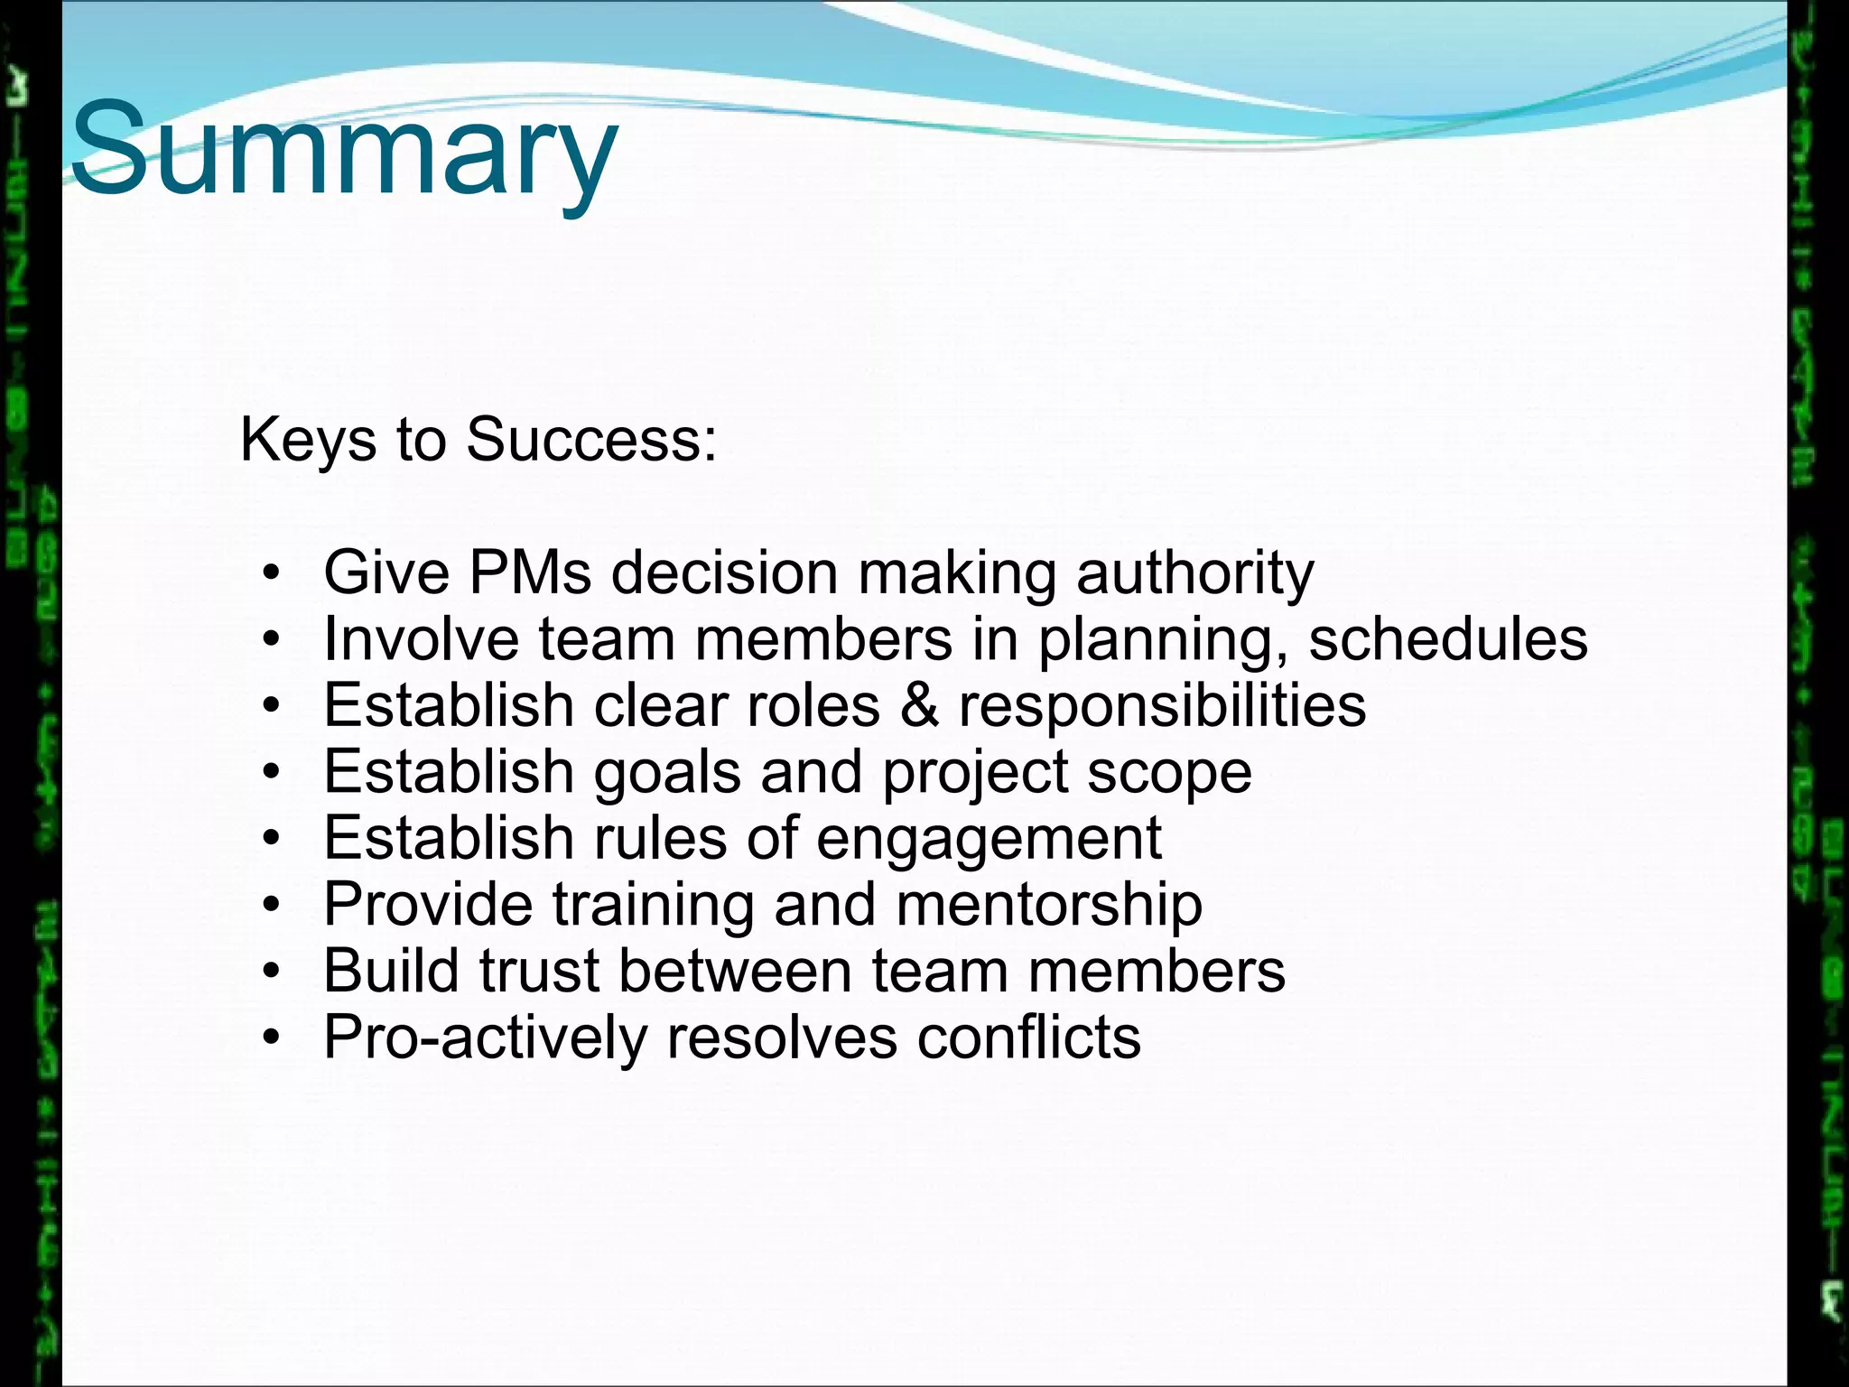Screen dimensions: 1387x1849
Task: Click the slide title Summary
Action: pos(343,149)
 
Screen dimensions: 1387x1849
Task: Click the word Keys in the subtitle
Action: pos(307,441)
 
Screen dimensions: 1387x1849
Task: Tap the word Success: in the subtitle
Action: pos(591,441)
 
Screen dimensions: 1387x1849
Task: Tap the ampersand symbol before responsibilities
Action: pos(919,705)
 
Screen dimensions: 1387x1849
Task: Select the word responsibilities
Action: pos(1162,705)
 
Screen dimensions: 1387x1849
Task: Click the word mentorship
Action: pos(1048,905)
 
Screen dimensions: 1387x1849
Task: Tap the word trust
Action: pos(538,971)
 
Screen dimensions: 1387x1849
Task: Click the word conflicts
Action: pos(1028,1038)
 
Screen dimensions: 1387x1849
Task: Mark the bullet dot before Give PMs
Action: pos(272,574)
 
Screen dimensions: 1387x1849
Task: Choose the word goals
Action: pos(666,773)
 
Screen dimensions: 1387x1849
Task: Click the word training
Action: pos(653,905)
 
